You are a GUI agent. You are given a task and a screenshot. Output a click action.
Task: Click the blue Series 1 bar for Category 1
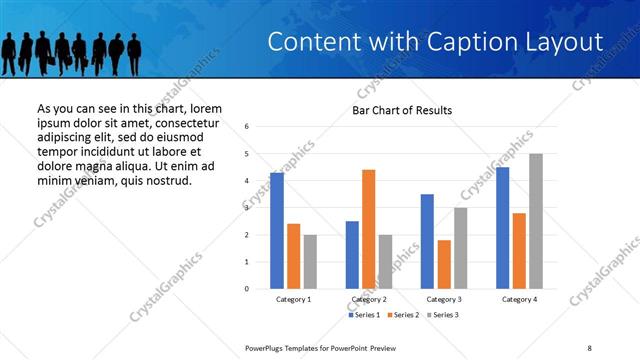click(277, 231)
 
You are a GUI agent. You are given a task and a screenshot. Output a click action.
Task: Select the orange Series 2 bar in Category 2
click(368, 229)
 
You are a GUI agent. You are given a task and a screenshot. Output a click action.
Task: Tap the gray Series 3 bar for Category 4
click(536, 221)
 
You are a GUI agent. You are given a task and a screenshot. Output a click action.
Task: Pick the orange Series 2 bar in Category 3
click(444, 264)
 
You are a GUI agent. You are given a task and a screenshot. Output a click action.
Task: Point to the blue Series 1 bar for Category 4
click(502, 228)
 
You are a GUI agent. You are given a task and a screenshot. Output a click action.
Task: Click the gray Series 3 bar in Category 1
click(310, 262)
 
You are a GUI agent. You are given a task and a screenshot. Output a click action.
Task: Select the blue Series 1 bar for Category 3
click(427, 241)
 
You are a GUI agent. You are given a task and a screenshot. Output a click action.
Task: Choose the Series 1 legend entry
click(363, 315)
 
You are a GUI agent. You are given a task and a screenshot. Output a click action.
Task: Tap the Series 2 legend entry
click(403, 315)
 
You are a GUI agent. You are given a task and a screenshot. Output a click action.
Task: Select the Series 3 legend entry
click(443, 315)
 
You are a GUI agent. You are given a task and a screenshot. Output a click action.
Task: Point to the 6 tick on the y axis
click(246, 127)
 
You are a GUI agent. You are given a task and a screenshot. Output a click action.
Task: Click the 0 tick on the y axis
click(246, 289)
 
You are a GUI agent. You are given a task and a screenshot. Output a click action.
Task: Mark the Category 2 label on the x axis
click(369, 299)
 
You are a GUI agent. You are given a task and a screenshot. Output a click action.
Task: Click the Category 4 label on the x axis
click(519, 299)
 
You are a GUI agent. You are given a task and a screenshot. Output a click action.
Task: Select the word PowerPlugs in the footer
click(268, 347)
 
